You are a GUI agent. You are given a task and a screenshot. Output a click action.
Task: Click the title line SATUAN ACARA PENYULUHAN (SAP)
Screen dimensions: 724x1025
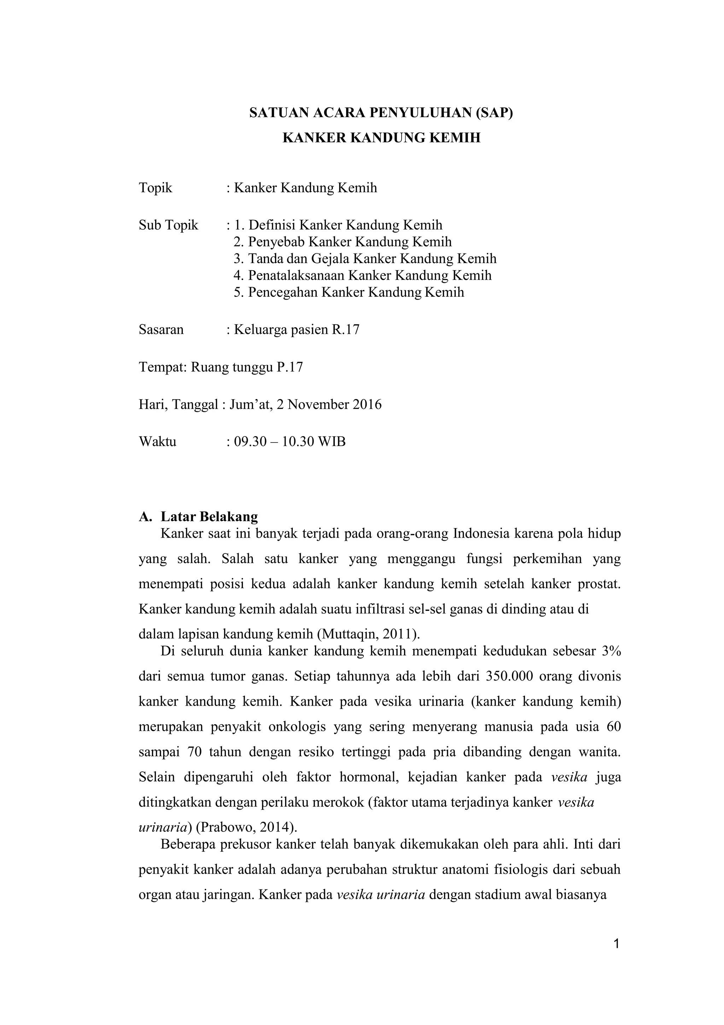381,113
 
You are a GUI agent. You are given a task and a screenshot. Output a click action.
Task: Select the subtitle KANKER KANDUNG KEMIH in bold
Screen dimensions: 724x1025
381,138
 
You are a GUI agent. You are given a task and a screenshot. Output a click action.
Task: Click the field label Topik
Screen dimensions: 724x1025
155,188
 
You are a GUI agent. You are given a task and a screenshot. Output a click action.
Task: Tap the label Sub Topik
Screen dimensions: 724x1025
168,225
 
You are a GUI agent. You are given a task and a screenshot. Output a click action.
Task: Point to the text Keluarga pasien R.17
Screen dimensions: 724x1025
297,330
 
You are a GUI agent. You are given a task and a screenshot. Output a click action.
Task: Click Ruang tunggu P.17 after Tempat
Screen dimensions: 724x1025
247,367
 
